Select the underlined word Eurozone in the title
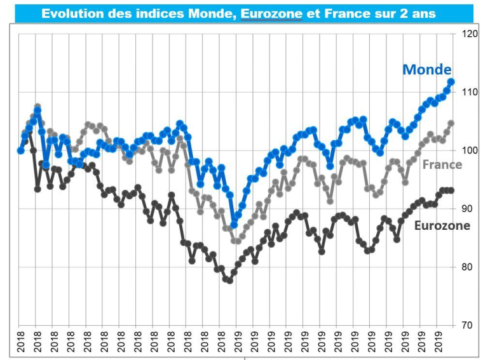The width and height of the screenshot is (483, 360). [271, 13]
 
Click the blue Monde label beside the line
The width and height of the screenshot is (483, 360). [426, 70]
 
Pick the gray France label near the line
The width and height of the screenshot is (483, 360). [442, 164]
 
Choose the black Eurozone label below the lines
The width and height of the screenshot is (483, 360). [442, 225]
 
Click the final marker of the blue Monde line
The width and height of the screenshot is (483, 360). [452, 82]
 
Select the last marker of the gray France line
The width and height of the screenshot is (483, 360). [451, 123]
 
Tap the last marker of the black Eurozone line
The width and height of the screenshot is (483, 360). [451, 190]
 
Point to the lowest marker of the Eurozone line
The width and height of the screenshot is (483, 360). [229, 280]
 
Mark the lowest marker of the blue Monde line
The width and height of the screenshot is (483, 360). [234, 225]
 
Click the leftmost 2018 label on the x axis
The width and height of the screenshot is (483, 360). [20, 343]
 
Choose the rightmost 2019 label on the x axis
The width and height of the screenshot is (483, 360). [438, 343]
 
